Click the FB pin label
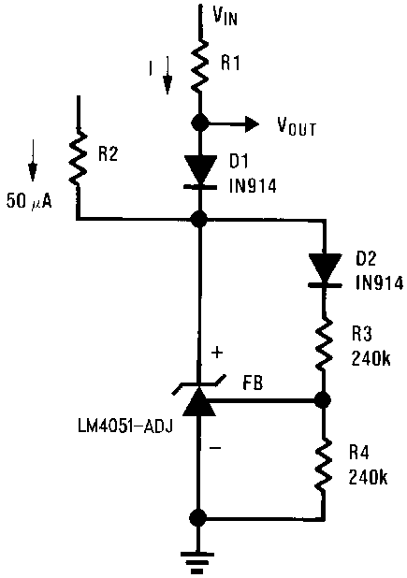[251, 385]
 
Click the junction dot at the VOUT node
[199, 123]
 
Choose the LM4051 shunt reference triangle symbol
[199, 400]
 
